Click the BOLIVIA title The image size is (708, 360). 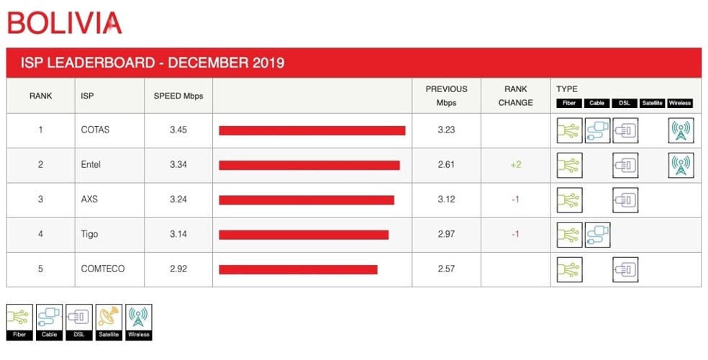[x=64, y=23]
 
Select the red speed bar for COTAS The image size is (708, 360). [x=312, y=130]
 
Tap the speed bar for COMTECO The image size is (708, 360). [x=298, y=269]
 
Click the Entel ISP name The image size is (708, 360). [x=91, y=165]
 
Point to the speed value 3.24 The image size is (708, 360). [x=178, y=199]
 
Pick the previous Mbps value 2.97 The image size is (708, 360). [x=446, y=234]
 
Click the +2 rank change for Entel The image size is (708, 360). [x=515, y=165]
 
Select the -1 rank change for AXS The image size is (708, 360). [x=515, y=199]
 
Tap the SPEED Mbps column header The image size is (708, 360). [x=178, y=96]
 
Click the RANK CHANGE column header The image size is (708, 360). [x=515, y=96]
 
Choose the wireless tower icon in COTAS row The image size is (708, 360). [x=681, y=130]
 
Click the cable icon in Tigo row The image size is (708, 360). [x=597, y=235]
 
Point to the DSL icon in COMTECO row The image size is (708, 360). [x=625, y=269]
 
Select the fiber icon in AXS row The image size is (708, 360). [x=569, y=199]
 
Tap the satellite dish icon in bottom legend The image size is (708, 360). [x=109, y=317]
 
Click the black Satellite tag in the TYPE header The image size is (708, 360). [x=652, y=103]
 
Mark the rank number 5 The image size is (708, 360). [x=40, y=269]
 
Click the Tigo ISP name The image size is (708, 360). [x=89, y=234]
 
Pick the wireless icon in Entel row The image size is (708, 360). [x=681, y=165]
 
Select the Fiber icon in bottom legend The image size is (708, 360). [x=19, y=317]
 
